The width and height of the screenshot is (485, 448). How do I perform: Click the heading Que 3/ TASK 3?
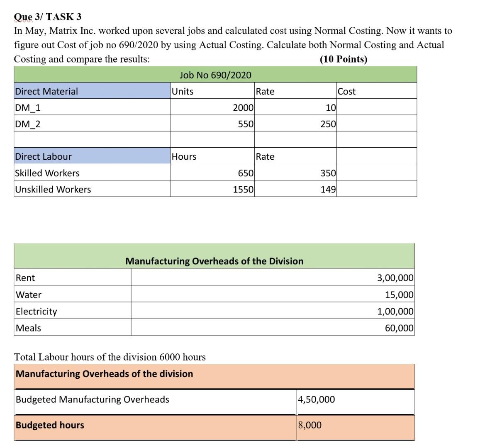pos(47,17)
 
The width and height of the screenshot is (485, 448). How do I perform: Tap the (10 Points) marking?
pos(343,59)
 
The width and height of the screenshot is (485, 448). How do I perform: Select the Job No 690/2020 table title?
pos(215,75)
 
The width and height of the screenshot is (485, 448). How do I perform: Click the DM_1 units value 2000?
pos(243,108)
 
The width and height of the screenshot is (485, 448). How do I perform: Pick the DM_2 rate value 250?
pos(328,124)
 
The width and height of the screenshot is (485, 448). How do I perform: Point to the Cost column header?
pos(346,91)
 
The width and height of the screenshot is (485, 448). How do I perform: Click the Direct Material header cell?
pos(46,91)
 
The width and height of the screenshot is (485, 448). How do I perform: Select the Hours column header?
pos(184,157)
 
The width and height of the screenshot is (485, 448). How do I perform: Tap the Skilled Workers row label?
pos(47,173)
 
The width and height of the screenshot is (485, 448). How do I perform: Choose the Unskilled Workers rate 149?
pos(328,190)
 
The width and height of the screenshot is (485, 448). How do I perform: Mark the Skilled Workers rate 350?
pos(328,173)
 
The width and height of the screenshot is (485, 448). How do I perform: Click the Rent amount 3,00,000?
pos(395,278)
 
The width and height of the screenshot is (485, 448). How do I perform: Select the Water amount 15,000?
pos(399,295)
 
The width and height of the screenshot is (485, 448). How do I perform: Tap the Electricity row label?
pos(37,312)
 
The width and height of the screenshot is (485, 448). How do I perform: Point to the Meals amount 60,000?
pos(399,328)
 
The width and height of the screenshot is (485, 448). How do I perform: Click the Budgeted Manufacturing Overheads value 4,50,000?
pos(316,399)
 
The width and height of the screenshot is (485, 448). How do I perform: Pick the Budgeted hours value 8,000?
pos(310,425)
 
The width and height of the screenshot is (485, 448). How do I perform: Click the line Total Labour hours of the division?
pos(110,357)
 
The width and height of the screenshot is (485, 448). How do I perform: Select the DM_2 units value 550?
pos(246,124)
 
